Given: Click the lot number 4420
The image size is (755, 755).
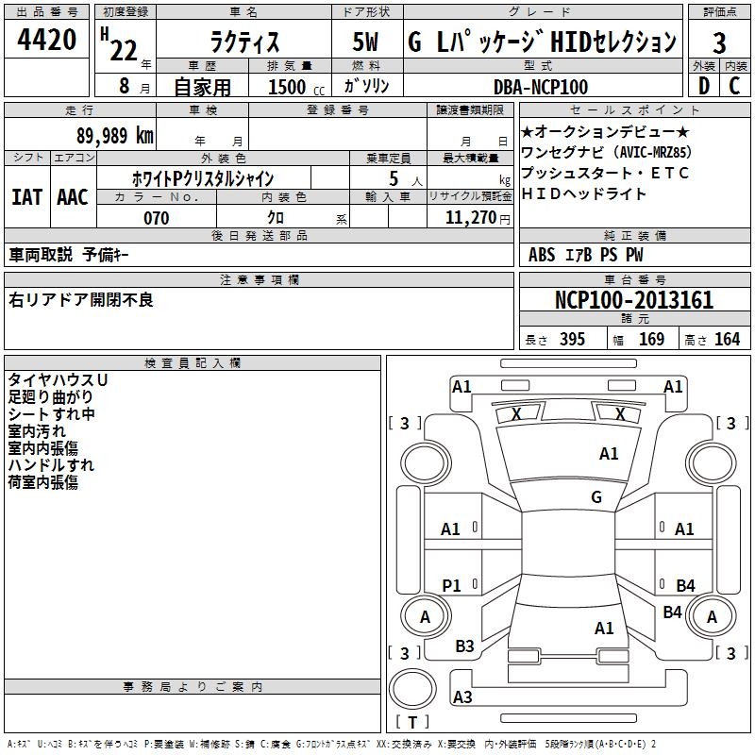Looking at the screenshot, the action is pyautogui.click(x=47, y=42).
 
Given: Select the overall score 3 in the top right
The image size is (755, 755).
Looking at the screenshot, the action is pyautogui.click(x=719, y=42).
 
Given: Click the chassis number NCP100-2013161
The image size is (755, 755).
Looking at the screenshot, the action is pyautogui.click(x=633, y=301).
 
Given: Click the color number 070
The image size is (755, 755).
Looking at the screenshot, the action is pyautogui.click(x=156, y=218).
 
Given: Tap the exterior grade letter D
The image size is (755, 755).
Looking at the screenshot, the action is pyautogui.click(x=703, y=87).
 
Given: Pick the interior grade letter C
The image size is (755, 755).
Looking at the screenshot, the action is pyautogui.click(x=734, y=87).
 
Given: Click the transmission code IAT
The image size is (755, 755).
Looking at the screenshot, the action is pyautogui.click(x=26, y=197).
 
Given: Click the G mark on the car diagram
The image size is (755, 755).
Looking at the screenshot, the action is pyautogui.click(x=596, y=497).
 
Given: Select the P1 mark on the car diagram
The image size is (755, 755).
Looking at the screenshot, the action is pyautogui.click(x=452, y=586).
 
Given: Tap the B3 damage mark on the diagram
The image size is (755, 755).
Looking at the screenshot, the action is pyautogui.click(x=465, y=646).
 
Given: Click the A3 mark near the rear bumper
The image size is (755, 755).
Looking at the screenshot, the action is pyautogui.click(x=462, y=697).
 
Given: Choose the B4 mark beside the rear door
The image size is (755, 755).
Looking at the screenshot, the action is pyautogui.click(x=685, y=586).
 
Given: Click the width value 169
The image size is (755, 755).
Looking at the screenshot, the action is pyautogui.click(x=651, y=339).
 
